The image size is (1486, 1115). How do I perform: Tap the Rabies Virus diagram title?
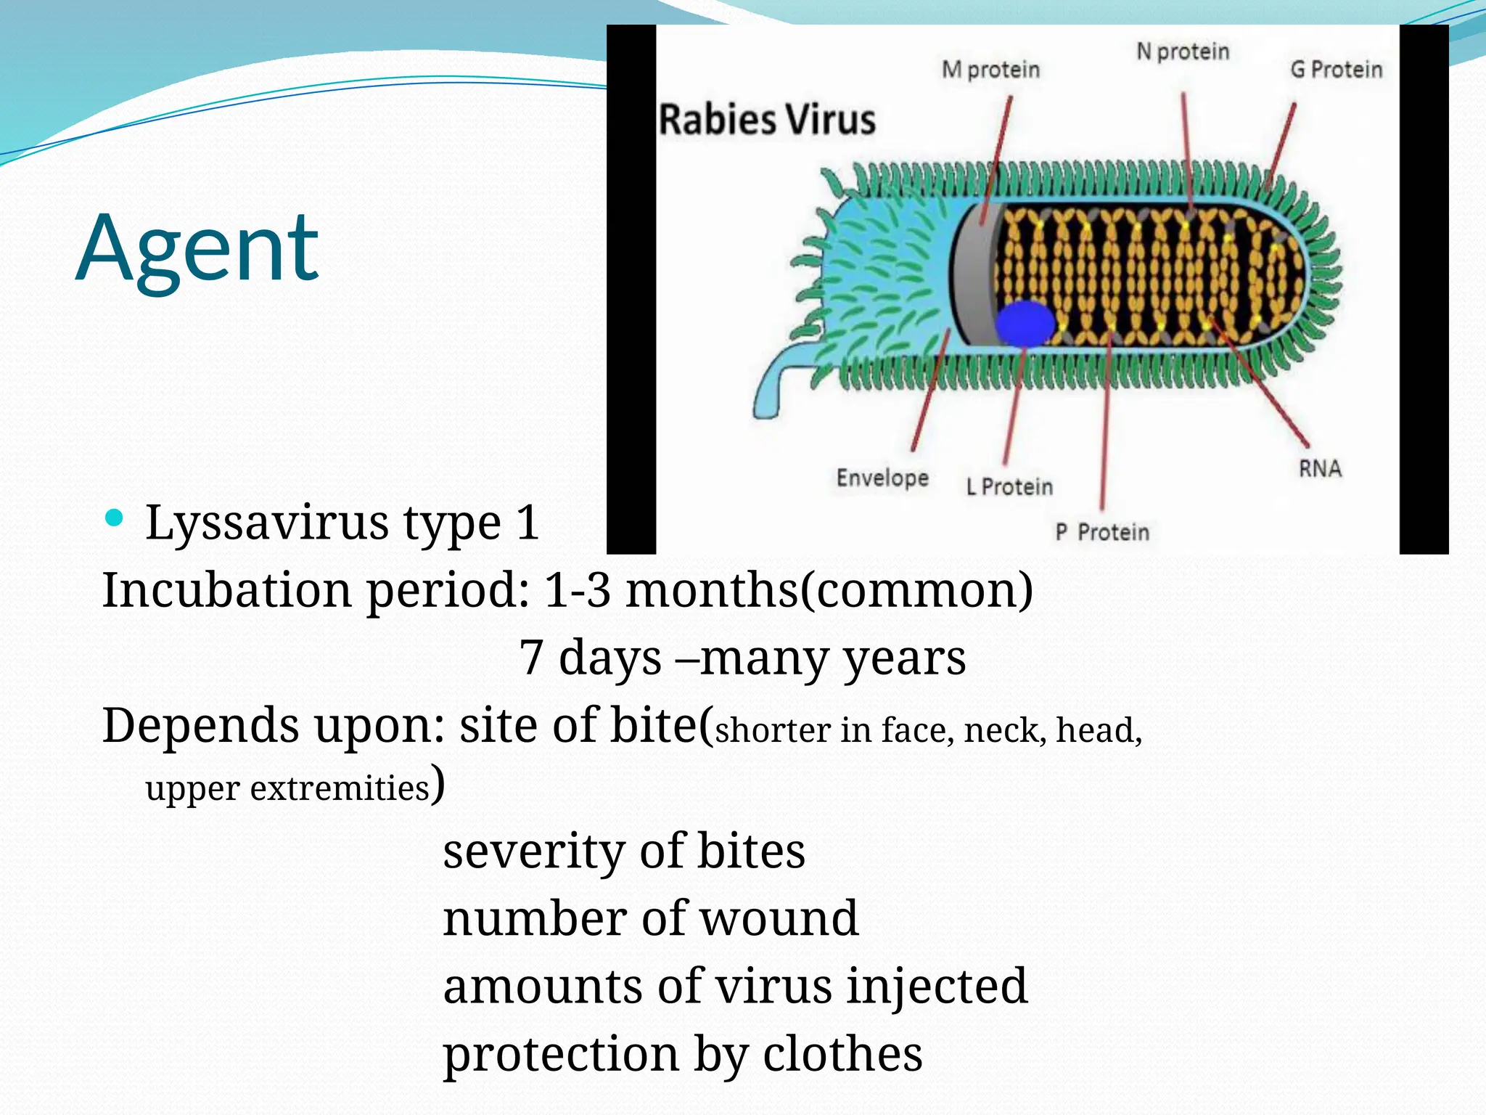767,120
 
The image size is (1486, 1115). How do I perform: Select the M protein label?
990,70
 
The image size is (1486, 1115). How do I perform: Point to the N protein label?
1183,52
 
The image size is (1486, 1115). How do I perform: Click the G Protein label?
1336,70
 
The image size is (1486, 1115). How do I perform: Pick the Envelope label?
882,478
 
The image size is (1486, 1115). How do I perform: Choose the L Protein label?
1009,486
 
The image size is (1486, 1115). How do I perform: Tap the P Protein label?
1102,532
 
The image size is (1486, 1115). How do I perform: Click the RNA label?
1320,468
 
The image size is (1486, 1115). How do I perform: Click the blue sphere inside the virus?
1025,324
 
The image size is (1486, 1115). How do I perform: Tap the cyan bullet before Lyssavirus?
114,518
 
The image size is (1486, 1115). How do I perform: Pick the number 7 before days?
531,658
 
